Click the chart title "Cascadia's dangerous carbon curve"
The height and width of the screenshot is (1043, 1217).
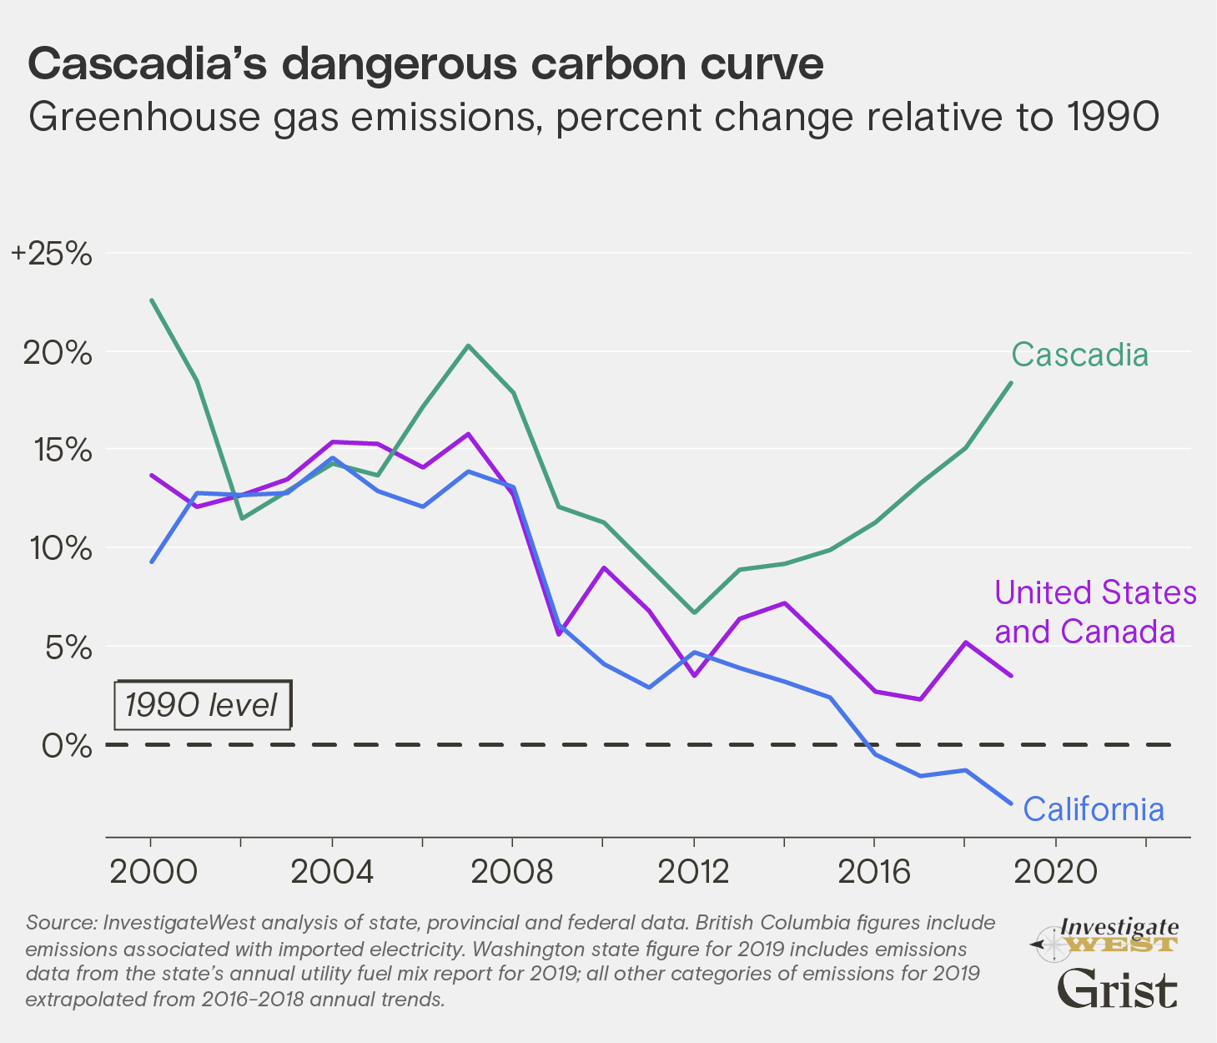tap(425, 64)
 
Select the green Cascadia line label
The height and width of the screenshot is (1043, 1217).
tap(1079, 355)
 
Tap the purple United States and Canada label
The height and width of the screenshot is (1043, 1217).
tap(1095, 612)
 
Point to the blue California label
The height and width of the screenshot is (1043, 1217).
tap(1093, 809)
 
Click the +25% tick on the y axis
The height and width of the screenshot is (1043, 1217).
tap(52, 254)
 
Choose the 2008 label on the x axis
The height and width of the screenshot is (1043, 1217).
tap(512, 872)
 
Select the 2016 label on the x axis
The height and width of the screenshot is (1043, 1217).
tap(874, 872)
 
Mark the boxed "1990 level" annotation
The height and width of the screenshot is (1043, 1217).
tap(202, 705)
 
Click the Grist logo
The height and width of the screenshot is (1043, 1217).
tap(1117, 990)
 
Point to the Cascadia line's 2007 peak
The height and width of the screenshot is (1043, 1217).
tap(468, 345)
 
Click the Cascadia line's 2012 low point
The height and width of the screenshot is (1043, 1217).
tap(694, 612)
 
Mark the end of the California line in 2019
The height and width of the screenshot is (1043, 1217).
tap(1011, 804)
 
